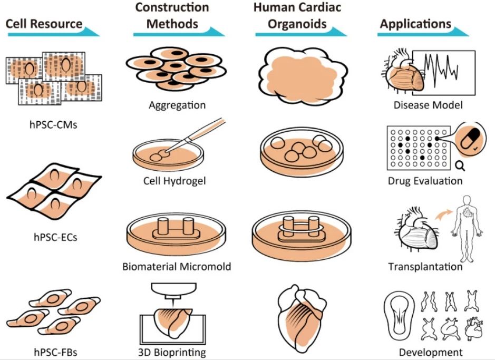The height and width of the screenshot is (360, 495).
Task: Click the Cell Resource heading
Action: (x=44, y=24)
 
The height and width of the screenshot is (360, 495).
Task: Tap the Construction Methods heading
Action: (x=172, y=16)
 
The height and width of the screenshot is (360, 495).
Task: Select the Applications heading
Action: (x=415, y=24)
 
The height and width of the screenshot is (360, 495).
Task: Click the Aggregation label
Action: (x=177, y=105)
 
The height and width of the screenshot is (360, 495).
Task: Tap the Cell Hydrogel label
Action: (x=174, y=181)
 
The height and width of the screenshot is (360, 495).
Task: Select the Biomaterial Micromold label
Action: (x=177, y=266)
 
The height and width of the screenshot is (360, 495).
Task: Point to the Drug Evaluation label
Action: (x=425, y=181)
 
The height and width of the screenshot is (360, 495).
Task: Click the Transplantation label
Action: (x=425, y=266)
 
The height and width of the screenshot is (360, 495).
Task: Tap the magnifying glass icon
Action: (x=459, y=167)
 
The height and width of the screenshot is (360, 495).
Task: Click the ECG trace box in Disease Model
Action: (x=443, y=69)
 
